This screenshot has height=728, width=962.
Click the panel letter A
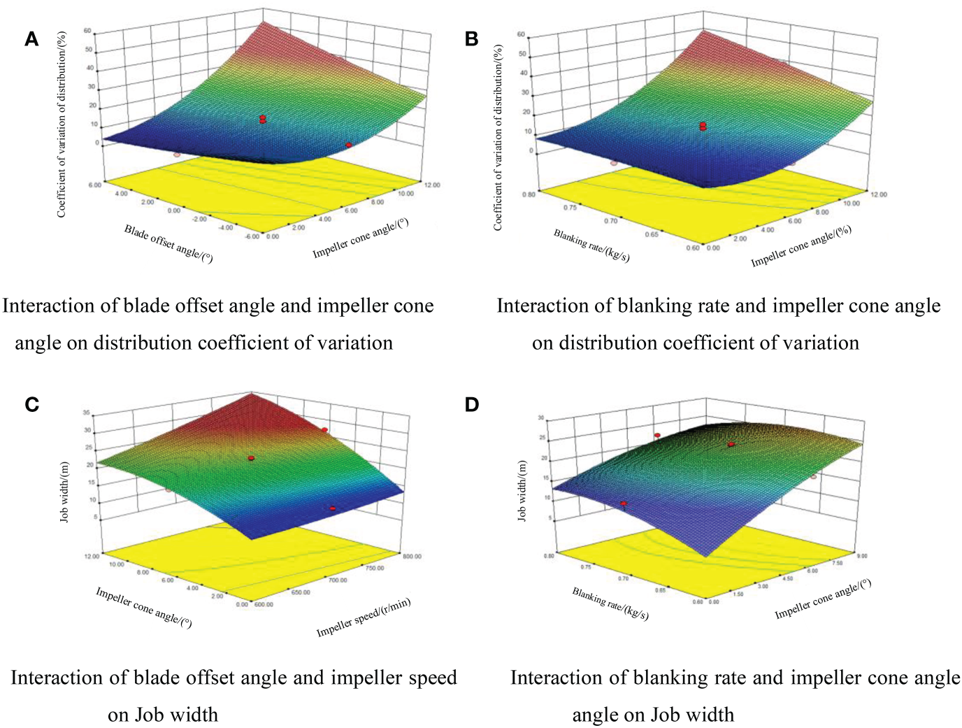[x=31, y=39]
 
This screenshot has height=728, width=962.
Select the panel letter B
[x=471, y=39]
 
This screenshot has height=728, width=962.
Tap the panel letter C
[x=31, y=404]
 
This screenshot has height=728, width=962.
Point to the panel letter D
[x=472, y=404]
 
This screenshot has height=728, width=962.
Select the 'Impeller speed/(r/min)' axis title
[x=363, y=618]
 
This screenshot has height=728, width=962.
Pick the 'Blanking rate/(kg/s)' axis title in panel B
[x=591, y=246]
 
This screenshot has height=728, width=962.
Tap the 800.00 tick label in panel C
[x=412, y=557]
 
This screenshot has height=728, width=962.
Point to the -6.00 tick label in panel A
[x=252, y=236]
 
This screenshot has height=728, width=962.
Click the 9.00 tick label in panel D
[x=861, y=557]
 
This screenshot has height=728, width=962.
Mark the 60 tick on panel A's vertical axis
[x=87, y=31]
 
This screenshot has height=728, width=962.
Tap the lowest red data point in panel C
[x=333, y=508]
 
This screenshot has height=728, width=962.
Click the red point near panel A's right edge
[x=348, y=145]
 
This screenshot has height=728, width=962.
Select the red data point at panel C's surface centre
[x=251, y=458]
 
